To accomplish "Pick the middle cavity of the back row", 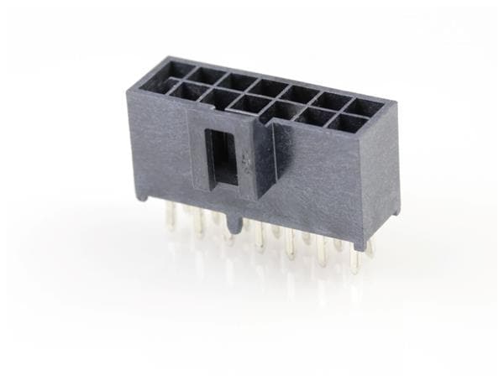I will [x=272, y=88].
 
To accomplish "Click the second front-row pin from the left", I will [x=200, y=225].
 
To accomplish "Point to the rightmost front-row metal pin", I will [x=354, y=261].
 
